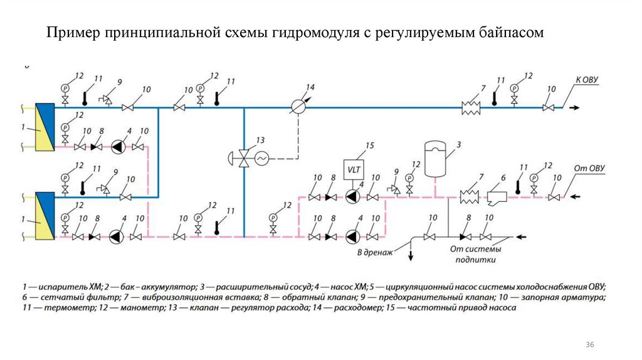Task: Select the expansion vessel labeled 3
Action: click(434, 158)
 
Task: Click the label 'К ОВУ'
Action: click(587, 80)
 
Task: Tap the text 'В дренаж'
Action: click(374, 252)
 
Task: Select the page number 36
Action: click(589, 344)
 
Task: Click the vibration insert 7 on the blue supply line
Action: click(470, 108)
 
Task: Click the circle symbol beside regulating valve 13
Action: click(260, 159)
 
